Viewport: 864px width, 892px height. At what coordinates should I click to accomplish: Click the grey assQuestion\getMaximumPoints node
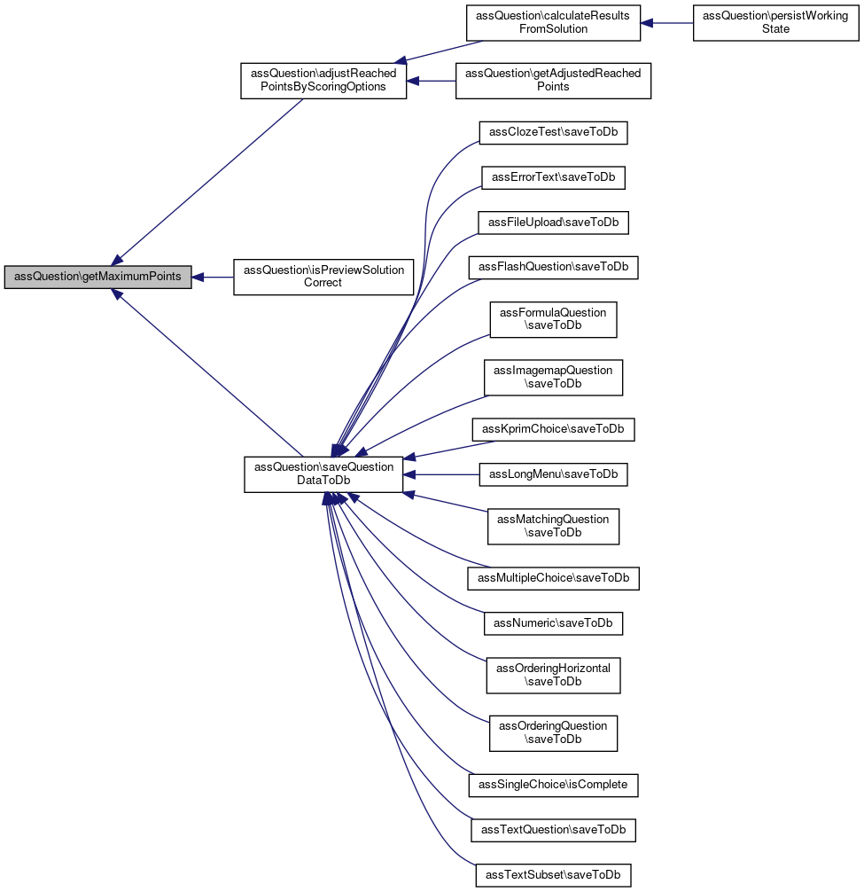tap(97, 277)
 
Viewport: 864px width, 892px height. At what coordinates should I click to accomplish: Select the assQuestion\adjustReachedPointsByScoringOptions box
tap(323, 81)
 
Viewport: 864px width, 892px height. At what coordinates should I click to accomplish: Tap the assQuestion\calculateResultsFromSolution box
tap(553, 23)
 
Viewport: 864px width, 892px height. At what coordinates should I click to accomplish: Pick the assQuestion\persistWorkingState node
tap(776, 23)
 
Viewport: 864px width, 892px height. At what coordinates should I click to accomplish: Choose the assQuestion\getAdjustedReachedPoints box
tap(553, 81)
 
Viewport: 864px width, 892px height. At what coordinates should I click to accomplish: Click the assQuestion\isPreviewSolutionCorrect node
tap(323, 277)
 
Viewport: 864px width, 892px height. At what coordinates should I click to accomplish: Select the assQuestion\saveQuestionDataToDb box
tap(323, 474)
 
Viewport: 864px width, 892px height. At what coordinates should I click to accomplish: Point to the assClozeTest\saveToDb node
tap(553, 132)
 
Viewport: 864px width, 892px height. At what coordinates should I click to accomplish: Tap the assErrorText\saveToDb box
tap(553, 177)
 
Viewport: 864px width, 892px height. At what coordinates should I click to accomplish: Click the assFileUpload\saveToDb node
tap(553, 223)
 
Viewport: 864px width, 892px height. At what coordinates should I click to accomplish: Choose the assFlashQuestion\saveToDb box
tap(553, 268)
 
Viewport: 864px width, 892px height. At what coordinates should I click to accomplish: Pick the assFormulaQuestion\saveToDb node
tap(553, 320)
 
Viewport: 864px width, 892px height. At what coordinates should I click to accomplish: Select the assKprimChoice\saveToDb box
tap(553, 429)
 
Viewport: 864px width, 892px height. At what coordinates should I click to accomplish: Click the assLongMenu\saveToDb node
tap(553, 474)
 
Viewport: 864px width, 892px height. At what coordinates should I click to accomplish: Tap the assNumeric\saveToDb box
tap(553, 623)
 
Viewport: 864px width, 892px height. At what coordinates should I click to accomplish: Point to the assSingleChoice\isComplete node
tap(553, 785)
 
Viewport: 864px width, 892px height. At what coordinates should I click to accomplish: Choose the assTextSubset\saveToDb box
tap(553, 875)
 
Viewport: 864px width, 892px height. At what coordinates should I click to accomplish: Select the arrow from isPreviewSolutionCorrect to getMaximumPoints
tap(213, 278)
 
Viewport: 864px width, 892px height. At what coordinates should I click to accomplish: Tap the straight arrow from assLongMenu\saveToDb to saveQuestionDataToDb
tap(441, 475)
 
